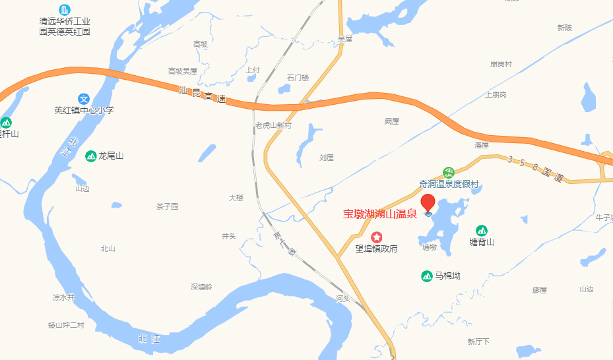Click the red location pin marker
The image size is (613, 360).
[x=428, y=202]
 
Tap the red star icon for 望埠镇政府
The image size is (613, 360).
[x=376, y=237]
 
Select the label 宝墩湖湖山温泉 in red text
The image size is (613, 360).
[x=379, y=214]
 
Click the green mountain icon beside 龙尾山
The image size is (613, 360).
[x=90, y=156]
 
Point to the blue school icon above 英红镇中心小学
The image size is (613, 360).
[x=83, y=98]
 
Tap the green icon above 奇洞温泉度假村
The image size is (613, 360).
[x=448, y=172]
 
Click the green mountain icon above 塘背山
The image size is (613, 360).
[x=482, y=230]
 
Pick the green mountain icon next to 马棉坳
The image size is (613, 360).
[x=426, y=276]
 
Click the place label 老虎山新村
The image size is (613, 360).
[x=273, y=125]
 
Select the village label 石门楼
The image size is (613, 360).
[x=298, y=78]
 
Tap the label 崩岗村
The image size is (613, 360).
[x=501, y=64]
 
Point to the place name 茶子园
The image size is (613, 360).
[x=167, y=206]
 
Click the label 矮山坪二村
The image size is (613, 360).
[x=67, y=325]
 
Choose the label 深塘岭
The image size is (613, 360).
[x=202, y=287]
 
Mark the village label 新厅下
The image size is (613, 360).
[x=478, y=342]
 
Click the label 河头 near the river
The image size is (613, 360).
[x=342, y=299]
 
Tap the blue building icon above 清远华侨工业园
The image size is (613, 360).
[x=65, y=9]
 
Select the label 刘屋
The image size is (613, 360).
[x=327, y=158]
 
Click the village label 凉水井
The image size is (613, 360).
[x=64, y=297]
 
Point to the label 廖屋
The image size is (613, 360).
[x=540, y=290]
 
